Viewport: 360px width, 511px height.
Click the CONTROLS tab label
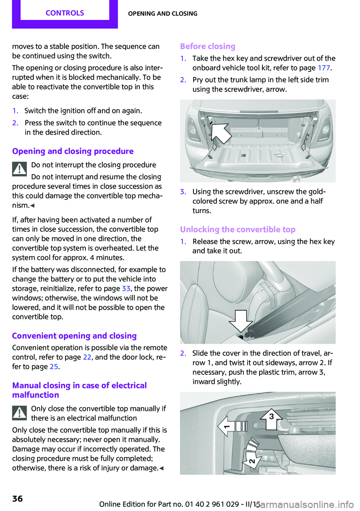click(65, 13)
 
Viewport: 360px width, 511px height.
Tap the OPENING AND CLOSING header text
click(162, 14)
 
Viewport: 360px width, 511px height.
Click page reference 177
click(324, 68)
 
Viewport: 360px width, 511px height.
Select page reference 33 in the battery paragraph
click(126, 289)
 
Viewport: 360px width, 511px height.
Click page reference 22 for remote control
click(87, 357)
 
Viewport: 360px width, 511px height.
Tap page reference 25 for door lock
click(54, 367)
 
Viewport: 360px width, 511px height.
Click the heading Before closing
click(208, 46)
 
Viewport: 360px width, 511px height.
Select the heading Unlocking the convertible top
click(237, 229)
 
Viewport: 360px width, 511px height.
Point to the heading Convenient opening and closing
click(74, 336)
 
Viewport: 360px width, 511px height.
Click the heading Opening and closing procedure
click(73, 151)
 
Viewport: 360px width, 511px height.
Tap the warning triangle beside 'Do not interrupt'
click(19, 169)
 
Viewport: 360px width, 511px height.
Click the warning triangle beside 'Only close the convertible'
click(19, 413)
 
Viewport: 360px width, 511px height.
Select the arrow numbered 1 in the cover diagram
click(226, 426)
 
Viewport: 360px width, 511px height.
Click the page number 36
click(18, 499)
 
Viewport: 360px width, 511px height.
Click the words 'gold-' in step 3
click(317, 192)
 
